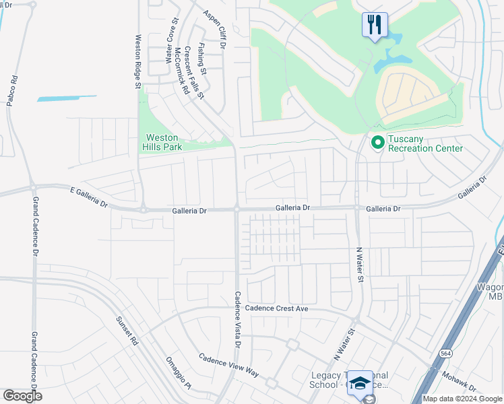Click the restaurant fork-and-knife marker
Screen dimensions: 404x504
pos(375,25)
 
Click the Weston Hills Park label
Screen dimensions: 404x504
pos(162,142)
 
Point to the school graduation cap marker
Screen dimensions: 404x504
pos(360,382)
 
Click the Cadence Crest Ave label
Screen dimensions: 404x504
pos(276,308)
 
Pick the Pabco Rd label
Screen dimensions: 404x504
pos(13,88)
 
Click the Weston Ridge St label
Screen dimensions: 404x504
pos(137,62)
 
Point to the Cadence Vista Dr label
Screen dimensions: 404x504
pos(237,318)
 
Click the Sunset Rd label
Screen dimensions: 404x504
pos(126,331)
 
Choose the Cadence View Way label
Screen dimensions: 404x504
pos(228,364)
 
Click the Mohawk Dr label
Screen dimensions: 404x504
pos(460,383)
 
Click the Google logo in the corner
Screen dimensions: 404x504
pos(22,396)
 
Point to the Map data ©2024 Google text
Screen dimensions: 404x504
pos(462,399)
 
